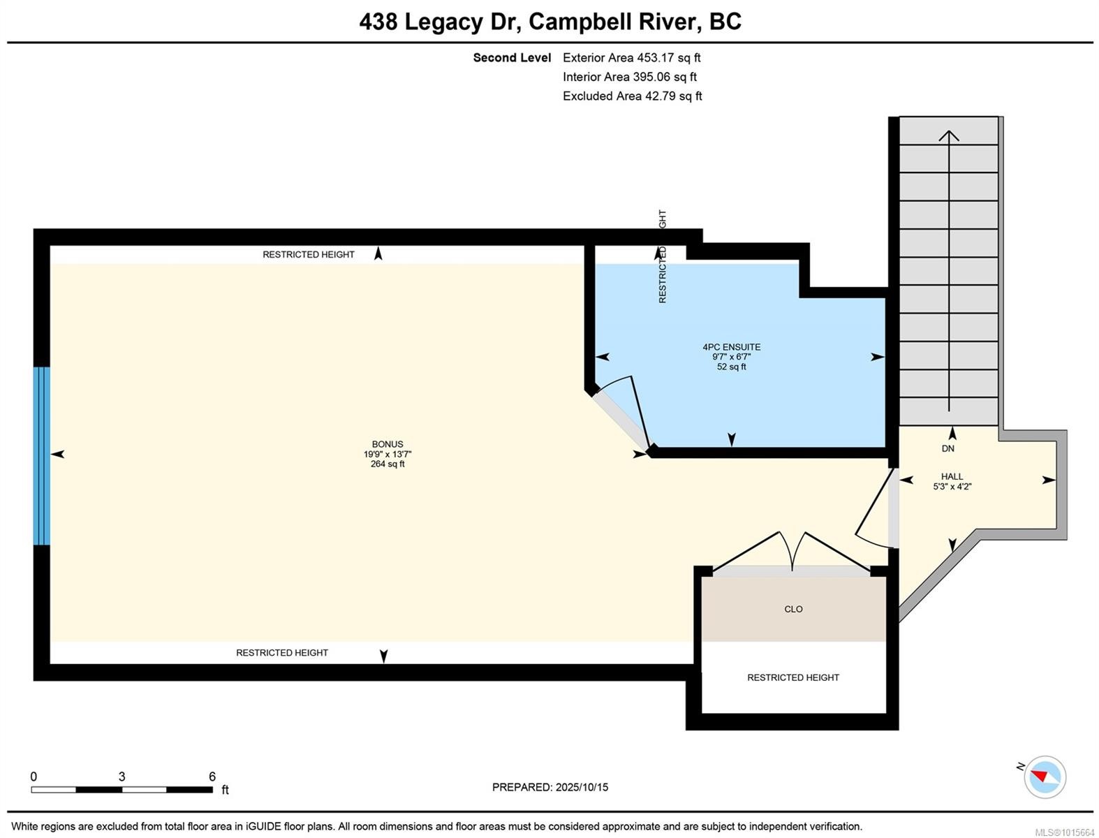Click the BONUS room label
(x=387, y=444)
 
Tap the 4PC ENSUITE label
(x=731, y=347)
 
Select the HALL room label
(x=952, y=476)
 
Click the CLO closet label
(x=793, y=609)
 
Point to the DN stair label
(x=947, y=448)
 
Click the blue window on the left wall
(x=42, y=455)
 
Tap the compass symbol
(x=1045, y=777)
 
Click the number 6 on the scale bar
(x=212, y=777)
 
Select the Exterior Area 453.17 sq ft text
(x=631, y=58)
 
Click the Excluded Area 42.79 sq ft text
(x=632, y=96)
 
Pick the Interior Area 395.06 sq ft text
(x=629, y=77)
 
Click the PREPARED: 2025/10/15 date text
(x=549, y=787)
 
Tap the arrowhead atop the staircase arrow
(x=948, y=135)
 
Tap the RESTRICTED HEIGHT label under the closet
(x=792, y=677)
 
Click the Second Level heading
(x=512, y=58)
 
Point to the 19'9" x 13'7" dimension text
(x=387, y=454)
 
